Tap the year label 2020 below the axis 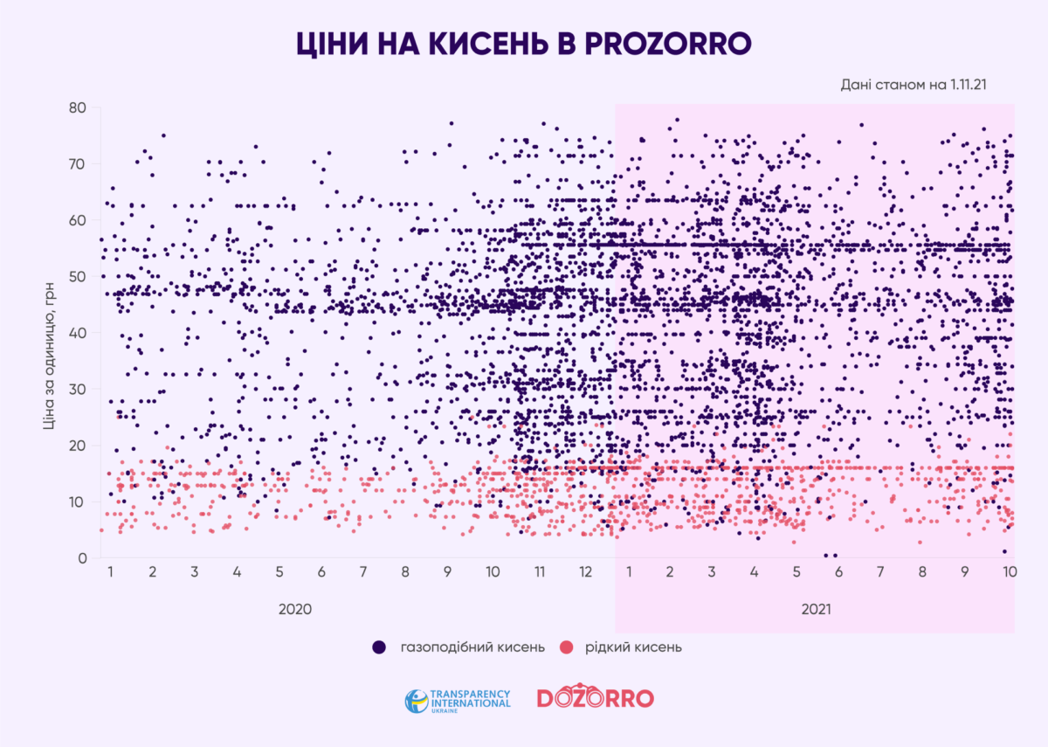point(294,609)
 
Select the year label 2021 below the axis point(817,609)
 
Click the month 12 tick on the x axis point(584,572)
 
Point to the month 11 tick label point(540,572)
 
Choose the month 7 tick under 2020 point(363,572)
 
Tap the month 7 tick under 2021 point(879,572)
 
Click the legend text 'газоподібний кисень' point(472,647)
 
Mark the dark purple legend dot point(379,647)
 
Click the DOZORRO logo point(595,698)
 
